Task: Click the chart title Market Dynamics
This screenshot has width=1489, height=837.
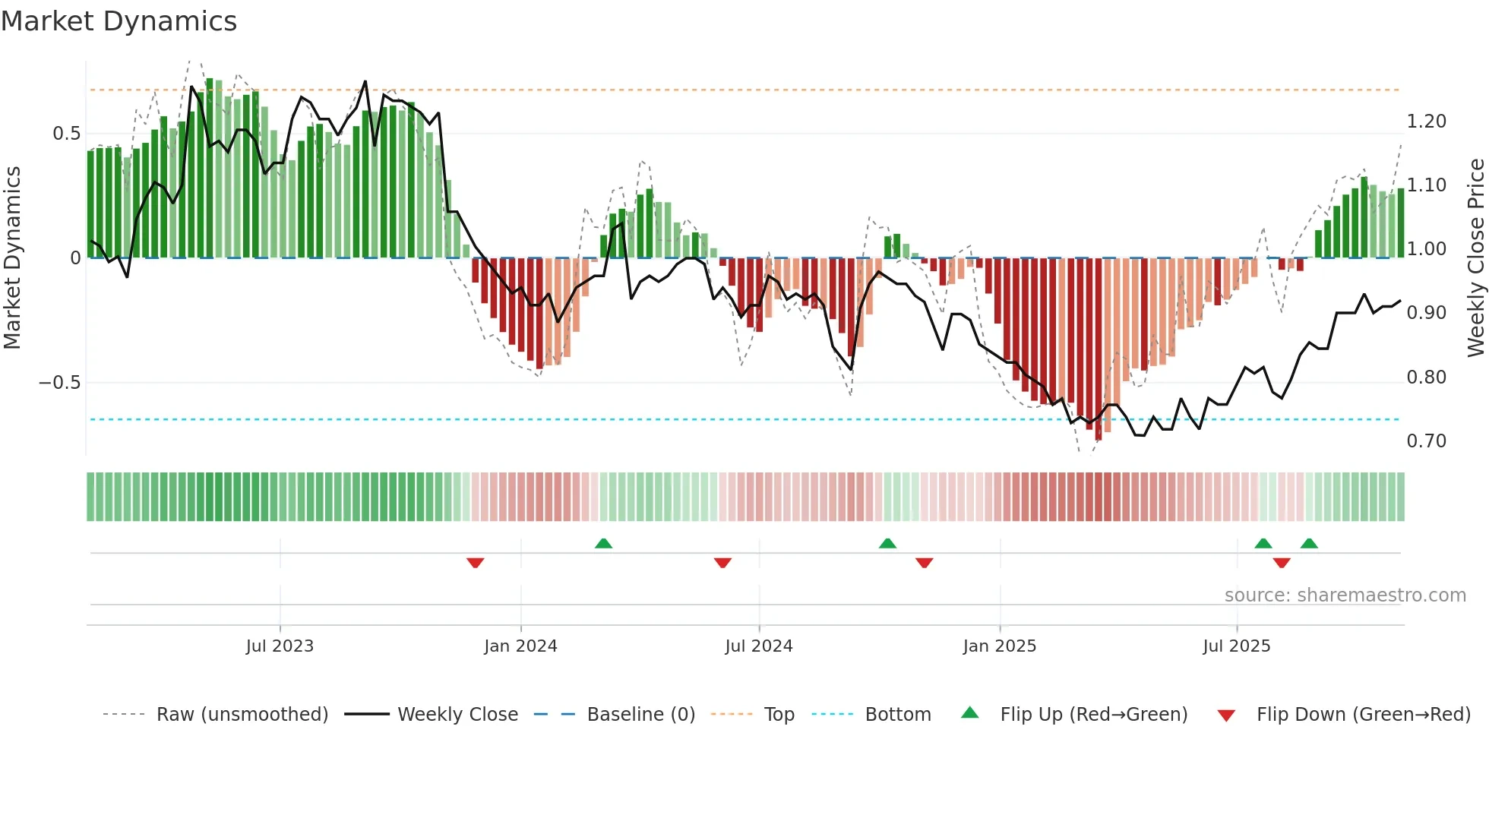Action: [x=119, y=21]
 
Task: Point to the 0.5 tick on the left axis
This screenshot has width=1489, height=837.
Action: [x=67, y=134]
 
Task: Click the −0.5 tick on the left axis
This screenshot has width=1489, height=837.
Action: [x=60, y=382]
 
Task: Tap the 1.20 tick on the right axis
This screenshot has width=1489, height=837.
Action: [x=1426, y=122]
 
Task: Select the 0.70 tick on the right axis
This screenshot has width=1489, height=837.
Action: [x=1426, y=441]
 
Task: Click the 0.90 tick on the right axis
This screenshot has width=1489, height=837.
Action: [x=1426, y=313]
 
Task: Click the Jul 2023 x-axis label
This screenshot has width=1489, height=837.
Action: [x=280, y=646]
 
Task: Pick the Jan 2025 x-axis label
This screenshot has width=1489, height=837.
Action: [x=999, y=646]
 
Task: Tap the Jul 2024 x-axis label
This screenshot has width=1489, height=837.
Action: [x=758, y=646]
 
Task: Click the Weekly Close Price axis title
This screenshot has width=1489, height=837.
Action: [x=1475, y=257]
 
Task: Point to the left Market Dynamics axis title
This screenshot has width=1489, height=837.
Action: [x=12, y=257]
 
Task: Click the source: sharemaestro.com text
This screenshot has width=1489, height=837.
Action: [x=1345, y=595]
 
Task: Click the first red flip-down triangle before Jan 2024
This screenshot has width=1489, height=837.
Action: [x=476, y=563]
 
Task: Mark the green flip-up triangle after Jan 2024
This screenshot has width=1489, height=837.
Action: [x=603, y=543]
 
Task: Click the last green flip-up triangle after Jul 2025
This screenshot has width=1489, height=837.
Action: [x=1309, y=543]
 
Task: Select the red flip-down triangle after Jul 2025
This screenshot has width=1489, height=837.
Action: [x=1282, y=563]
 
